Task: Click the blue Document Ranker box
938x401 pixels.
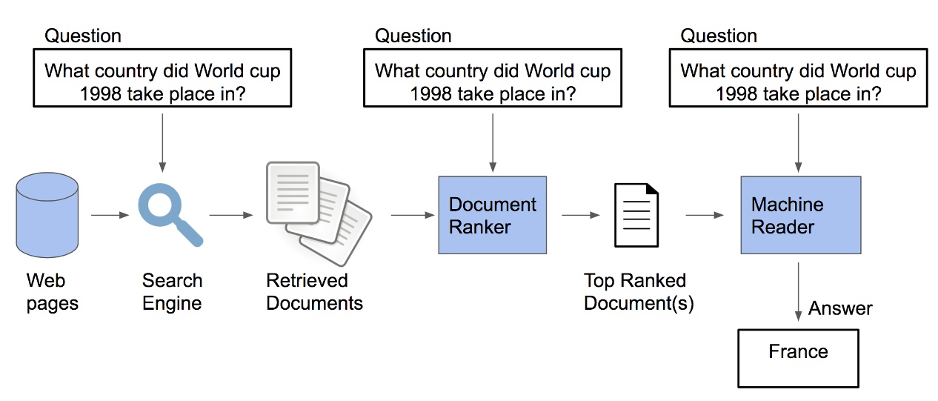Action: click(492, 215)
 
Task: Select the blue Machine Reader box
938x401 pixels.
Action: click(800, 215)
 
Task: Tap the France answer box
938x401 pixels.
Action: click(798, 359)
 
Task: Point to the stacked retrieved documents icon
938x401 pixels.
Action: click(318, 213)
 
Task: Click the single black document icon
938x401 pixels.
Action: click(636, 215)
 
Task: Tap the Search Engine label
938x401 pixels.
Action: click(172, 292)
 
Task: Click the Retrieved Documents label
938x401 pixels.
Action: click(314, 292)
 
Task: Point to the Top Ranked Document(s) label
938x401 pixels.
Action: click(638, 292)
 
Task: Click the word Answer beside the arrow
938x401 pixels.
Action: click(840, 308)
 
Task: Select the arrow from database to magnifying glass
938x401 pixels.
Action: click(108, 216)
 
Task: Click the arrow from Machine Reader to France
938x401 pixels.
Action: click(798, 292)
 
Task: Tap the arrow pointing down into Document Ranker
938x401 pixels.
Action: click(492, 141)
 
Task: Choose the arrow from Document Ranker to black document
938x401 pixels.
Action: click(580, 216)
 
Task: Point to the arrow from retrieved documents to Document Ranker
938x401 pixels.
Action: click(412, 216)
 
